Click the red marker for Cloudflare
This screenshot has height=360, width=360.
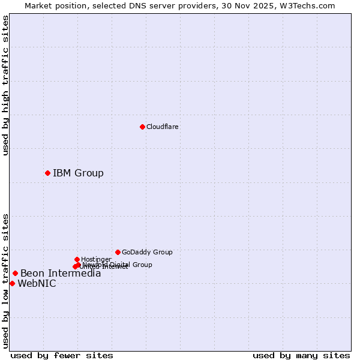click(142, 127)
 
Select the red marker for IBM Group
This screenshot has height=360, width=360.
click(47, 173)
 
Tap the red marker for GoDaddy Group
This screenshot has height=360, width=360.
click(118, 252)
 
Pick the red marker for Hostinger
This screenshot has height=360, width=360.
click(77, 259)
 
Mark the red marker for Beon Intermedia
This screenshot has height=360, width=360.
click(15, 273)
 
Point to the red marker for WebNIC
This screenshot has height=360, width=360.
click(12, 283)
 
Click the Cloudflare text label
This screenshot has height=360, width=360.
click(163, 127)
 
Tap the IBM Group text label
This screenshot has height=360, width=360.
click(78, 173)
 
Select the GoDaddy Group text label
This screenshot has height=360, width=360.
click(147, 252)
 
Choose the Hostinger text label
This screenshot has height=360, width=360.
click(96, 259)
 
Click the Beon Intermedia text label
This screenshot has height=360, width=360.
click(61, 274)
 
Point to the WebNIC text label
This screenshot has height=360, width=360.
click(37, 284)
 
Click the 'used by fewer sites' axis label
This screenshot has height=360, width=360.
click(62, 355)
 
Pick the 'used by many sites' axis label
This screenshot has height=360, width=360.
click(301, 355)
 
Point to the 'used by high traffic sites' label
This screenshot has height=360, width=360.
click(6, 86)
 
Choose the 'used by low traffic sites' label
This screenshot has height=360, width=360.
click(6, 281)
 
